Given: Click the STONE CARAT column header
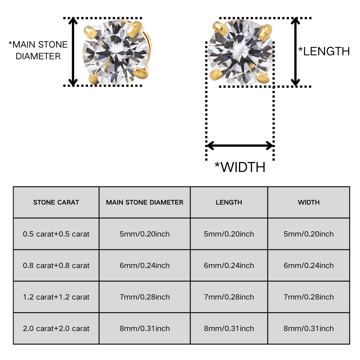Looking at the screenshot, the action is click(x=56, y=202).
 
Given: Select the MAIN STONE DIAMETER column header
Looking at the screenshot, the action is click(x=144, y=202).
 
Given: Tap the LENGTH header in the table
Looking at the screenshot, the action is click(x=229, y=202).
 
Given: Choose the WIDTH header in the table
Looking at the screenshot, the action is click(x=309, y=202).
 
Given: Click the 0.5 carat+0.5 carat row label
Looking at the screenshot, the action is click(x=56, y=234).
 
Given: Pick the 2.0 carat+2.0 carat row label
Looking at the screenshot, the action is click(x=56, y=328).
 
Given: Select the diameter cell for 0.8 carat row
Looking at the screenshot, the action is click(x=144, y=265).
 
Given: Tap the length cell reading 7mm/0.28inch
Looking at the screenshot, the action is click(x=229, y=297).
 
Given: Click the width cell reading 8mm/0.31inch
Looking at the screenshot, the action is click(x=309, y=328).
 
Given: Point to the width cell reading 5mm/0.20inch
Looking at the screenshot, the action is click(x=309, y=234).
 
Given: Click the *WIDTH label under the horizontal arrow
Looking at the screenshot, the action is click(x=240, y=167).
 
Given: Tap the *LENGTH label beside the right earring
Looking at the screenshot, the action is click(x=324, y=51).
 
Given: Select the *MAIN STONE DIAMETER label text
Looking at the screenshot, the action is click(x=38, y=50).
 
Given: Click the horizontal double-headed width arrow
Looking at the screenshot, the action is click(x=240, y=145).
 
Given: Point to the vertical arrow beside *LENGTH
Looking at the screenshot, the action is click(x=295, y=52).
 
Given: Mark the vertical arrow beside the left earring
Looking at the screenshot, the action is click(x=73, y=52).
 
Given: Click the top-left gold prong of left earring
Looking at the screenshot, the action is click(x=90, y=32).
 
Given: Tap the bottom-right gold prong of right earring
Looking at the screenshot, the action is click(x=262, y=77).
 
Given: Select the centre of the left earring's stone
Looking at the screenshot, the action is click(x=116, y=52).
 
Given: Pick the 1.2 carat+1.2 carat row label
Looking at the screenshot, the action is click(x=56, y=297).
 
